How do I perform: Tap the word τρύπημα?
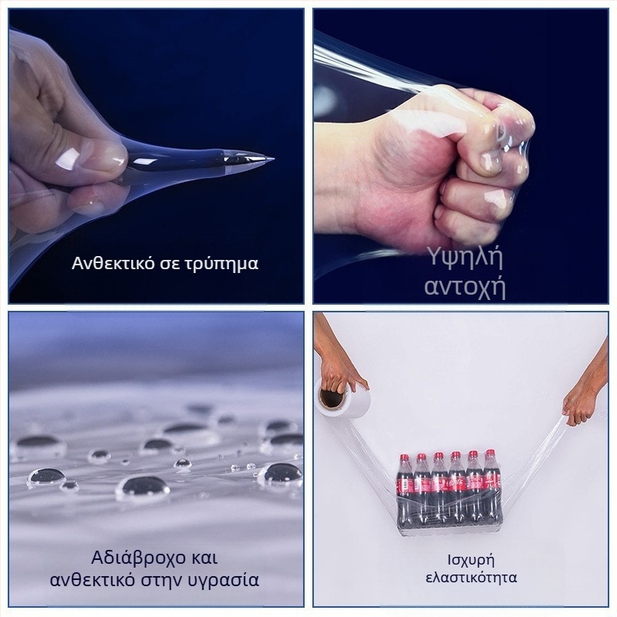tap(224, 264)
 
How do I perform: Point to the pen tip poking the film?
tap(273, 159)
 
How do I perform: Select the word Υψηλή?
tap(465, 259)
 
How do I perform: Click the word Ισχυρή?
tap(471, 560)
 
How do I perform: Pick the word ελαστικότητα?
tap(471, 577)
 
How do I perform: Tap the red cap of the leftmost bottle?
tap(404, 457)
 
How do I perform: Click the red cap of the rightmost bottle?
tap(490, 453)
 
